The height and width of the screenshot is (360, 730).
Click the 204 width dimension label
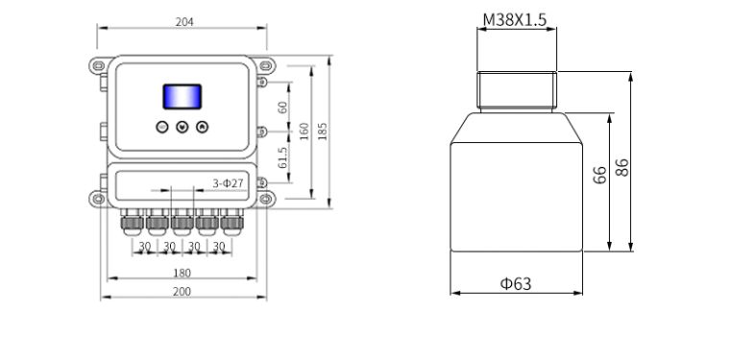point(184,22)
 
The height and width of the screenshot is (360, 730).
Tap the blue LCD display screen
point(182,97)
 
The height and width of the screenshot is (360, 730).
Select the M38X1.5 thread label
point(515,20)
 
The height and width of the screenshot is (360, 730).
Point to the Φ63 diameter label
point(516,283)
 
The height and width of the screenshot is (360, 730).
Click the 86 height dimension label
point(622,167)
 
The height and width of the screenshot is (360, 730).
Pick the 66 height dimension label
point(600,175)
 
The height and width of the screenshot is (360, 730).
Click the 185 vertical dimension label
point(322,132)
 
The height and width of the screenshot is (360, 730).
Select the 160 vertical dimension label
point(304,132)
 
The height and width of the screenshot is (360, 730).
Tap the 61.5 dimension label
point(282,157)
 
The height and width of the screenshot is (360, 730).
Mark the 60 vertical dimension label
point(282,107)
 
